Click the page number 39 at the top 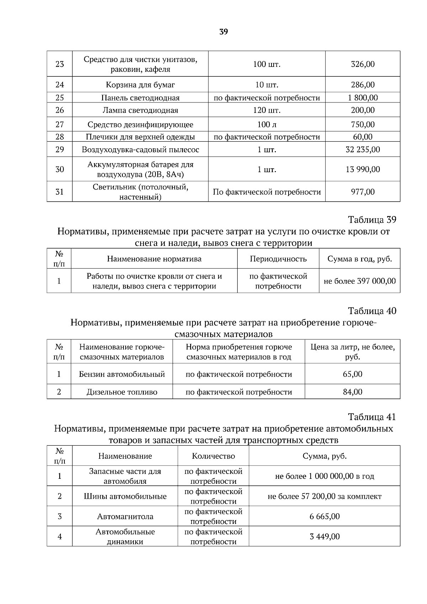[x=223, y=32]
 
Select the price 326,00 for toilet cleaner [x=363, y=64]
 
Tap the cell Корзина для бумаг [x=140, y=85]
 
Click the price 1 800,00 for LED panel [x=363, y=98]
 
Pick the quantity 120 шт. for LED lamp [x=267, y=110]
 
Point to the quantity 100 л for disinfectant [x=267, y=124]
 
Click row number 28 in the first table [x=59, y=137]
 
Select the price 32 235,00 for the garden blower [x=363, y=150]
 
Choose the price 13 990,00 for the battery [x=363, y=169]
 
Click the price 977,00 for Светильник [x=363, y=192]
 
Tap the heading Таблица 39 [x=372, y=219]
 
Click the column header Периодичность [x=278, y=259]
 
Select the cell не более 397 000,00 [x=359, y=281]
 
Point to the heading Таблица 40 [x=372, y=311]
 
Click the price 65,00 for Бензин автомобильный [x=352, y=374]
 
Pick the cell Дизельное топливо [x=122, y=392]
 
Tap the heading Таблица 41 [x=372, y=417]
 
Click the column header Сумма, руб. [x=324, y=456]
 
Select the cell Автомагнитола [x=125, y=516]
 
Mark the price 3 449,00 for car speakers [x=324, y=536]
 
